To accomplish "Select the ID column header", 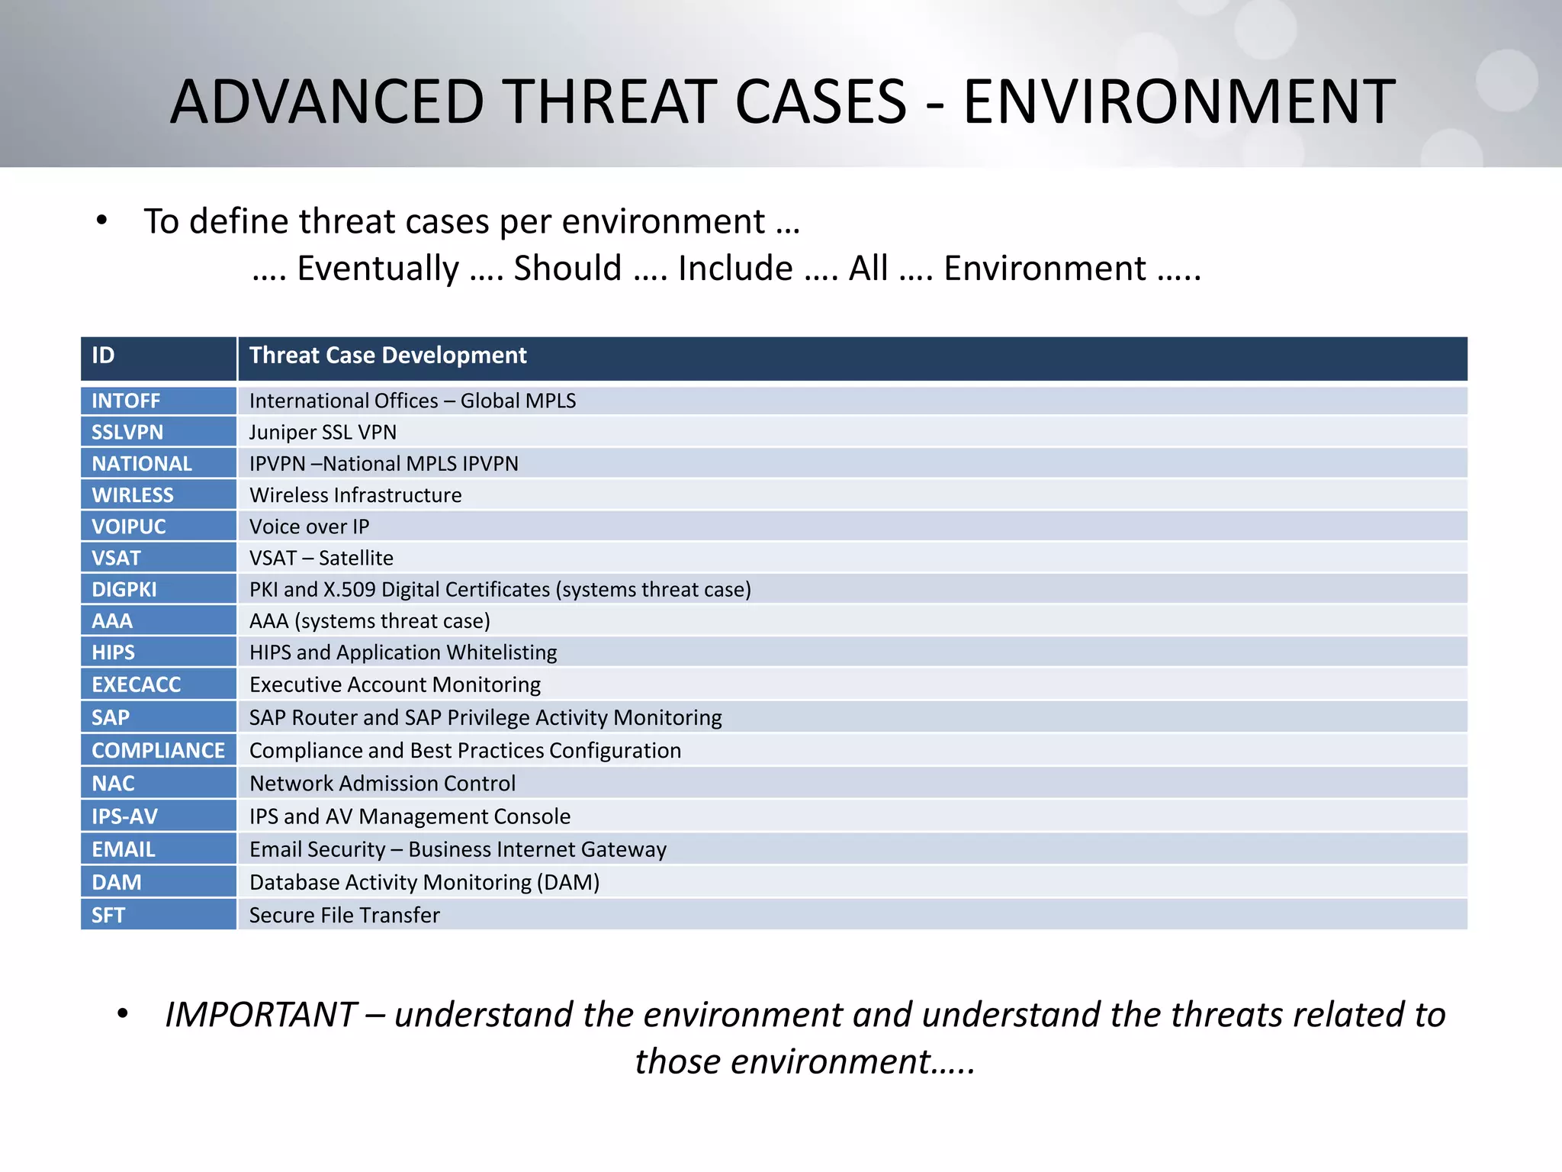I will coord(103,356).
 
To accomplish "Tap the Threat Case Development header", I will coord(387,356).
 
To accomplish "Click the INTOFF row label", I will coord(126,401).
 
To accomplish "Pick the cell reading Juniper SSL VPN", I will coord(323,432).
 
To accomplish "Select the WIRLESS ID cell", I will coord(133,495).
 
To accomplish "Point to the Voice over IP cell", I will coord(309,526).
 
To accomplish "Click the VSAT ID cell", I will coord(116,558).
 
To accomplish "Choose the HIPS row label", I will coord(113,652).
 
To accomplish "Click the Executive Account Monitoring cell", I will coord(394,684).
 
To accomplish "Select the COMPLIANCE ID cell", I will coord(158,750).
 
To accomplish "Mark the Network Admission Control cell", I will coord(382,784).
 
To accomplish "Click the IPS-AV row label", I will coord(124,816).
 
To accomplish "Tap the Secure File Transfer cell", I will coord(344,915).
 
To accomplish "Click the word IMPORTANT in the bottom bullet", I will coord(261,1015).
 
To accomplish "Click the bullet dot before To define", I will coord(102,221).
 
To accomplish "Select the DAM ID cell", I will coord(116,882).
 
